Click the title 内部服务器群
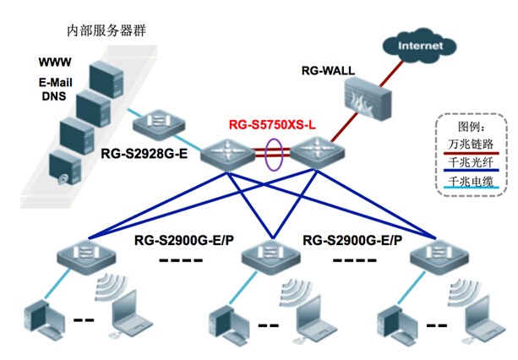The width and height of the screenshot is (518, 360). tap(106, 31)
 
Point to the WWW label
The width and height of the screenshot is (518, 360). tap(54, 63)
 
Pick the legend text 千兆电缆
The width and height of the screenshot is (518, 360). tap(469, 182)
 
